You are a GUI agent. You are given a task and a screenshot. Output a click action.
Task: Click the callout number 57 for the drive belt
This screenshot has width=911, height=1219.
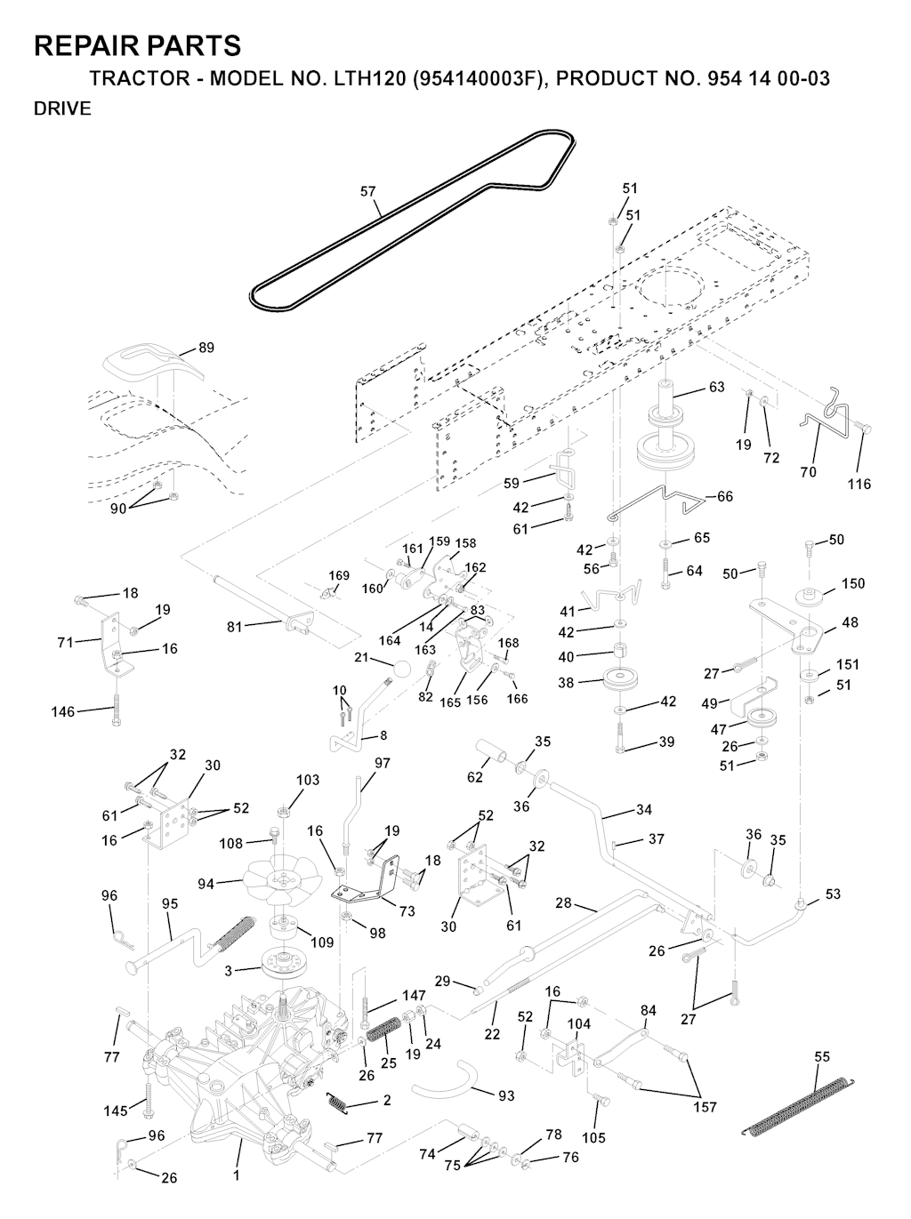click(367, 191)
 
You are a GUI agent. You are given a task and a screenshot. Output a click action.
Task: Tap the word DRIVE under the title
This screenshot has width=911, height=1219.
click(62, 109)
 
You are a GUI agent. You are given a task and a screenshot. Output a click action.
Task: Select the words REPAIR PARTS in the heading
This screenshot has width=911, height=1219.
click(137, 46)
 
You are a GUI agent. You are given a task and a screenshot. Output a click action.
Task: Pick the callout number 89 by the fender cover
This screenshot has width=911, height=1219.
click(206, 348)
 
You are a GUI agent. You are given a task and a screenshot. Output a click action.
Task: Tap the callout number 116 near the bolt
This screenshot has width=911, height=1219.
click(859, 485)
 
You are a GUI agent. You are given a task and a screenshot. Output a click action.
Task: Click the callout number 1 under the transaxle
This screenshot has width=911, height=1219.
click(237, 1175)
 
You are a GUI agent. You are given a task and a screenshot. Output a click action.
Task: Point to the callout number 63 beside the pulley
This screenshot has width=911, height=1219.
click(716, 387)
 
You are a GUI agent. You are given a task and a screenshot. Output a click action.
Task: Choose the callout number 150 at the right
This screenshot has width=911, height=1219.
click(852, 584)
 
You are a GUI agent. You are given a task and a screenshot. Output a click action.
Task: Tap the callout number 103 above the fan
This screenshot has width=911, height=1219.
click(307, 781)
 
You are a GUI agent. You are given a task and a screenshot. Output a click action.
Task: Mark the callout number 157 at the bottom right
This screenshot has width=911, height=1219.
click(705, 1107)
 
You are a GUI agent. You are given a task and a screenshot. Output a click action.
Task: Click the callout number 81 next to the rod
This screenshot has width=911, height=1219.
click(235, 627)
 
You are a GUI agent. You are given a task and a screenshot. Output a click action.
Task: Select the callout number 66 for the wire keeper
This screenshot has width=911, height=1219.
click(725, 496)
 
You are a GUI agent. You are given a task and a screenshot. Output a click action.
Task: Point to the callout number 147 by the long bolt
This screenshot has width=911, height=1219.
click(414, 996)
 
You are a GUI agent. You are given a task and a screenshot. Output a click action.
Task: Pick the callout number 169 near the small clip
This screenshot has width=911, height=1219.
click(339, 576)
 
